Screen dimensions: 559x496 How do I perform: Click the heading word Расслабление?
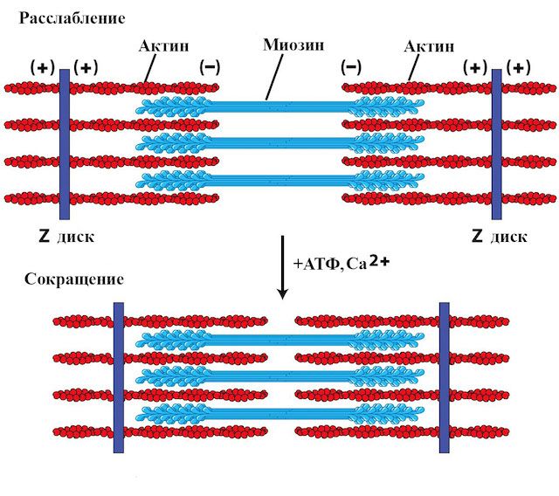point(72,18)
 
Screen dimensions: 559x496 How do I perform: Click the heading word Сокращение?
point(74,279)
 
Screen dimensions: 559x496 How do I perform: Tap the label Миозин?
point(293,45)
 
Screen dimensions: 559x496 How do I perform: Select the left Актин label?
point(163,46)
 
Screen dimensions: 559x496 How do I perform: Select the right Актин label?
point(429,46)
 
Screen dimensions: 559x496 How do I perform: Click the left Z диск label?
point(66,237)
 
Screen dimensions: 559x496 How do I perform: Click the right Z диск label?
point(500,237)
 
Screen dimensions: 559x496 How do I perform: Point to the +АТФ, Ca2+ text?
point(342,263)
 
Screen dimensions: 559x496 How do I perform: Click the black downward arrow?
point(283,267)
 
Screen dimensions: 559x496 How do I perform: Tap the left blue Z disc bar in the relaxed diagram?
point(65,144)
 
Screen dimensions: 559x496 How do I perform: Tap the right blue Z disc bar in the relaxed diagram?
point(497,144)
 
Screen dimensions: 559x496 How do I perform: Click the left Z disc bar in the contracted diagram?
point(119,378)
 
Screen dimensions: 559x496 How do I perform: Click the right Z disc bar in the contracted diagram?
point(445,378)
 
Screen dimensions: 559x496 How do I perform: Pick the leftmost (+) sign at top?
point(43,68)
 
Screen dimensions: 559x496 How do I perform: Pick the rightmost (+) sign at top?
point(518,68)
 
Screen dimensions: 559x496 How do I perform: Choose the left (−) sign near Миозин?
point(210,67)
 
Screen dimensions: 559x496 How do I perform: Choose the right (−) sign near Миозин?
point(351,67)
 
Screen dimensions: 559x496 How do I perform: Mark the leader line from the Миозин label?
point(274,77)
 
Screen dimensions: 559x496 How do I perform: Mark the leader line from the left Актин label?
point(150,69)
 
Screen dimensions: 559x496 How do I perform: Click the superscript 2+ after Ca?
point(380,261)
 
